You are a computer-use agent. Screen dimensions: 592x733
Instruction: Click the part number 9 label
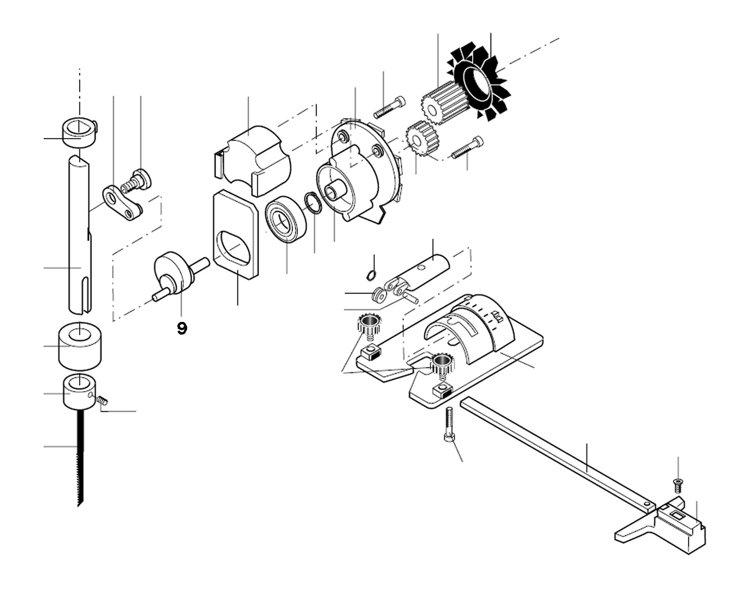[181, 328]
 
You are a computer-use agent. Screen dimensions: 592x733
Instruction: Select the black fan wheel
[479, 80]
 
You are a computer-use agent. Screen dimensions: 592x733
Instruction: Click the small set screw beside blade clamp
[102, 400]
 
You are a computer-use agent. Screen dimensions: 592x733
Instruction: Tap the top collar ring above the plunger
[78, 130]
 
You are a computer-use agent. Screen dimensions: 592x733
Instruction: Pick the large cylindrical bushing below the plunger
[80, 346]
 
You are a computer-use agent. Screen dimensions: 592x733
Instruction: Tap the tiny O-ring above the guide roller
[371, 275]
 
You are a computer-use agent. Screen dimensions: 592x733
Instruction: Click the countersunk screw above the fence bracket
[677, 485]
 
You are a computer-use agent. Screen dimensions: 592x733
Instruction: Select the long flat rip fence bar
[557, 450]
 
